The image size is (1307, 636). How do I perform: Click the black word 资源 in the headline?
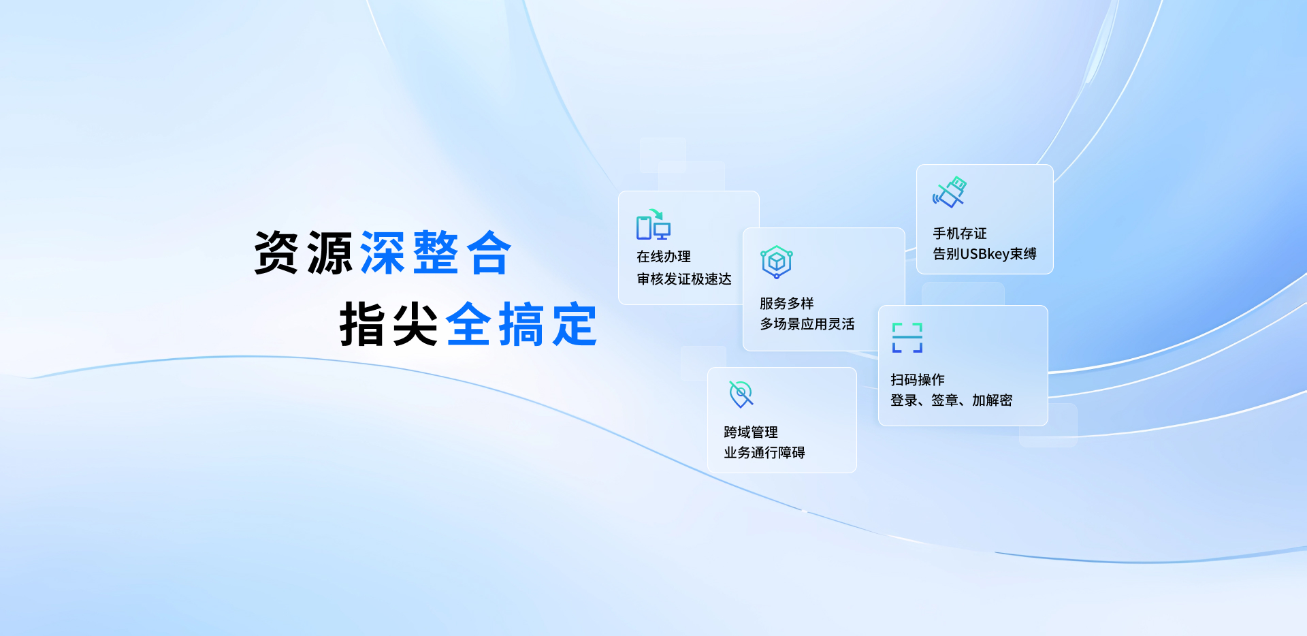pos(303,253)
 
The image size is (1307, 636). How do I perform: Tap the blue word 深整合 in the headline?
pos(436,253)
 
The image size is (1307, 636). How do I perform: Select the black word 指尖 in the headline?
pos(389,324)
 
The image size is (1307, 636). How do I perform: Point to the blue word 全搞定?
pos(521,324)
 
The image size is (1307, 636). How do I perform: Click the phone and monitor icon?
pos(653,225)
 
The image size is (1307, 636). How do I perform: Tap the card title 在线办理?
pos(664,257)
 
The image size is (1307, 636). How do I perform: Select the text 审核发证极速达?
pos(684,279)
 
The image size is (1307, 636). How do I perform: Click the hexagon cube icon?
pos(777,262)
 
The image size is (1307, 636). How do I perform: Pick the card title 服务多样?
pos(787,304)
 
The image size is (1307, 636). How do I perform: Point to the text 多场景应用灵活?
pos(807,324)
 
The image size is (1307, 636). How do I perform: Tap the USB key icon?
pos(950,192)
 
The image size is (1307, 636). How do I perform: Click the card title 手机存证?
pos(960,234)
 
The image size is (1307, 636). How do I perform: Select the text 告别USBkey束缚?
pos(984,254)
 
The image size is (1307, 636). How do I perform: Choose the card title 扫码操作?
pos(918,379)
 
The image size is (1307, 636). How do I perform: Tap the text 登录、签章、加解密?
pos(952,400)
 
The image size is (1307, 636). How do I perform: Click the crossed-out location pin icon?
pos(741,394)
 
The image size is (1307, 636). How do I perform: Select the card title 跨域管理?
pos(751,432)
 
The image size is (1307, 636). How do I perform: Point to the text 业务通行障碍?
pos(764,453)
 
